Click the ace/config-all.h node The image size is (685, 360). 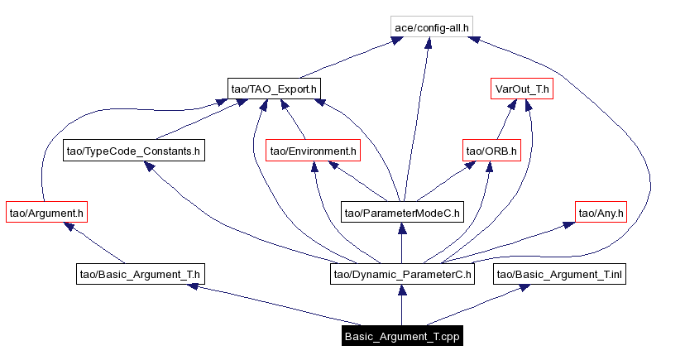coord(432,27)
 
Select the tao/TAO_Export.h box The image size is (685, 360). coord(274,89)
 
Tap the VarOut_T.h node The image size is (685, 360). coord(521,89)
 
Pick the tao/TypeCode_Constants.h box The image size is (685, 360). coord(134,151)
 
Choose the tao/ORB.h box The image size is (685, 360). coord(491,151)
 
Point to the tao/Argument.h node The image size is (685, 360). coord(46,213)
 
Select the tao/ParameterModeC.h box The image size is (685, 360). coord(402,213)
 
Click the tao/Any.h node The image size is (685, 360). coord(601,213)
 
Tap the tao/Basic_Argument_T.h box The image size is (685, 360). coord(141,274)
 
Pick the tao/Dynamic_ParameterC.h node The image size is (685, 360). coord(402,274)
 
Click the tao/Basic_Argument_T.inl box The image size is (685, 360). coord(559,274)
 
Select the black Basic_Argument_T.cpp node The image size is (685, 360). coord(402,336)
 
